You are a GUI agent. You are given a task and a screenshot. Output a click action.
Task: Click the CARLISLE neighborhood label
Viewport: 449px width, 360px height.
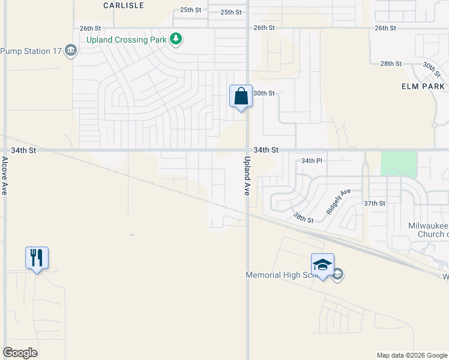point(124,5)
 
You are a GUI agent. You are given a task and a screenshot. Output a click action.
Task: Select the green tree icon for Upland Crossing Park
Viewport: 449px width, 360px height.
point(175,40)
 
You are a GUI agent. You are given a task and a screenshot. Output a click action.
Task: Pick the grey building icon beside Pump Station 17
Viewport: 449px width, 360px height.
point(71,50)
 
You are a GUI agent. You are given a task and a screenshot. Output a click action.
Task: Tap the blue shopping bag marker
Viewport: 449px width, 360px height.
point(241,97)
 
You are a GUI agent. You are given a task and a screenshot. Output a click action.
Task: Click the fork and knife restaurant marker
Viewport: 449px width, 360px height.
point(37,258)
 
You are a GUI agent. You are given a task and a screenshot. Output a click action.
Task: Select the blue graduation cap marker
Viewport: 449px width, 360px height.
point(322,265)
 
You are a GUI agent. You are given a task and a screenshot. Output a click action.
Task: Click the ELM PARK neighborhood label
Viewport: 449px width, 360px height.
point(423,86)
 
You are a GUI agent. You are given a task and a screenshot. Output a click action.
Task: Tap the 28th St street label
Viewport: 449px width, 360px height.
point(390,64)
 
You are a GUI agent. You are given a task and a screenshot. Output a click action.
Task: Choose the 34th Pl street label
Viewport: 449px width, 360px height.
point(312,161)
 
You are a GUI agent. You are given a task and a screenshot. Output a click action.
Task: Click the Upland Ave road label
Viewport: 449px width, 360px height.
point(246,176)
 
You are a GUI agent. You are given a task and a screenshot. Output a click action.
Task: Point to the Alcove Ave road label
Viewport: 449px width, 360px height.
point(4,175)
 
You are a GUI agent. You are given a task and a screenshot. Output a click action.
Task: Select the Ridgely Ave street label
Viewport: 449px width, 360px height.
point(338,202)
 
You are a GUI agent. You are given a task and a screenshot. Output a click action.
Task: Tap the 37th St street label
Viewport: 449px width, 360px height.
point(374,203)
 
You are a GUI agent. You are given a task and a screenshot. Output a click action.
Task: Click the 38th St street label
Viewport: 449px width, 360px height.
point(303,217)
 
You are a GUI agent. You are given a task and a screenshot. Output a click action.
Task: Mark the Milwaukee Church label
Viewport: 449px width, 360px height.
point(428,229)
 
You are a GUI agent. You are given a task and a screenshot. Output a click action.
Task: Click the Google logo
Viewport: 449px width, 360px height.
point(20,352)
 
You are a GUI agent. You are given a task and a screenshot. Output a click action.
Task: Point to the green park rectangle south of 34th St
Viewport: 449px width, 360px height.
point(399,164)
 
